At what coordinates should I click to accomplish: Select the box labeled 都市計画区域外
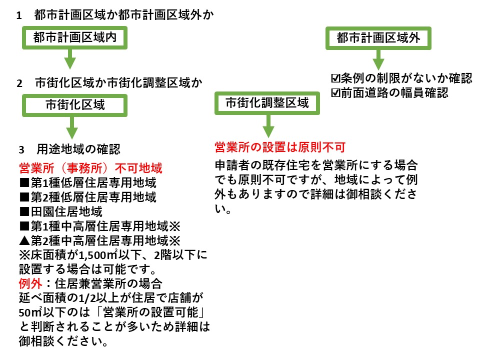(x=378, y=38)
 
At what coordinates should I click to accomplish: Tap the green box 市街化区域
(x=75, y=105)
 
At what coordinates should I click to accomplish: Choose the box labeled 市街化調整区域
(x=267, y=103)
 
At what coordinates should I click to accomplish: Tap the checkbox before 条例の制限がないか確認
(x=336, y=78)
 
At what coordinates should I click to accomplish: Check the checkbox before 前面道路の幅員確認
(x=336, y=92)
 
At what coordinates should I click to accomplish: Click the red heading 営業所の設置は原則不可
(x=280, y=147)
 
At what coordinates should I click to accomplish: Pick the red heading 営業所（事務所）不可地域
(x=90, y=167)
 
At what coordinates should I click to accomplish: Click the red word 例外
(x=29, y=283)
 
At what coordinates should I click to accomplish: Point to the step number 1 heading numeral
(x=19, y=15)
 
